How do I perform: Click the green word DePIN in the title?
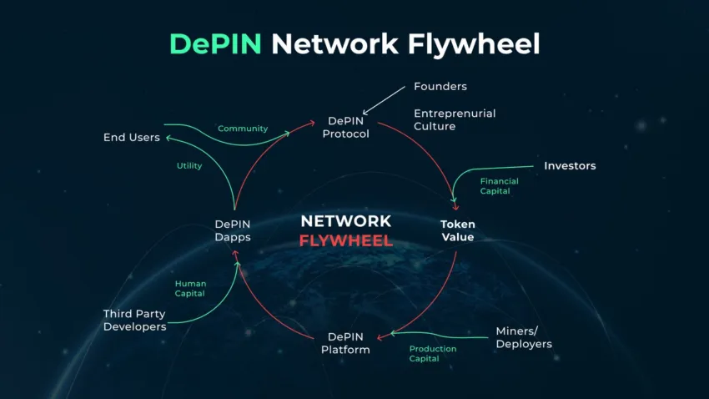pyautogui.click(x=215, y=43)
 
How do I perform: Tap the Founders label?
pyautogui.click(x=440, y=86)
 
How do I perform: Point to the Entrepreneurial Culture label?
pyautogui.click(x=455, y=119)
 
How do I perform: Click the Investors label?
pyautogui.click(x=570, y=165)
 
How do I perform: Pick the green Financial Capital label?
pyautogui.click(x=499, y=185)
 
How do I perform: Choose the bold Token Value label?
pyautogui.click(x=457, y=230)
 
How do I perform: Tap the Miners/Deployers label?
pyautogui.click(x=525, y=337)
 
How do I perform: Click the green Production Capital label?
pyautogui.click(x=433, y=353)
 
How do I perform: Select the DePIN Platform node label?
pyautogui.click(x=345, y=343)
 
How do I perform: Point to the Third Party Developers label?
pyautogui.click(x=134, y=320)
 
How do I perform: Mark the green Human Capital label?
pyautogui.click(x=190, y=289)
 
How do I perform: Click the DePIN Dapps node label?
pyautogui.click(x=233, y=230)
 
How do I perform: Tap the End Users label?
pyautogui.click(x=131, y=137)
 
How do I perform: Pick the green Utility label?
pyautogui.click(x=189, y=165)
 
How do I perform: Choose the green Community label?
pyautogui.click(x=243, y=129)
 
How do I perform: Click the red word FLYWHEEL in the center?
pyautogui.click(x=346, y=241)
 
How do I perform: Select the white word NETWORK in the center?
pyautogui.click(x=346, y=221)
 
